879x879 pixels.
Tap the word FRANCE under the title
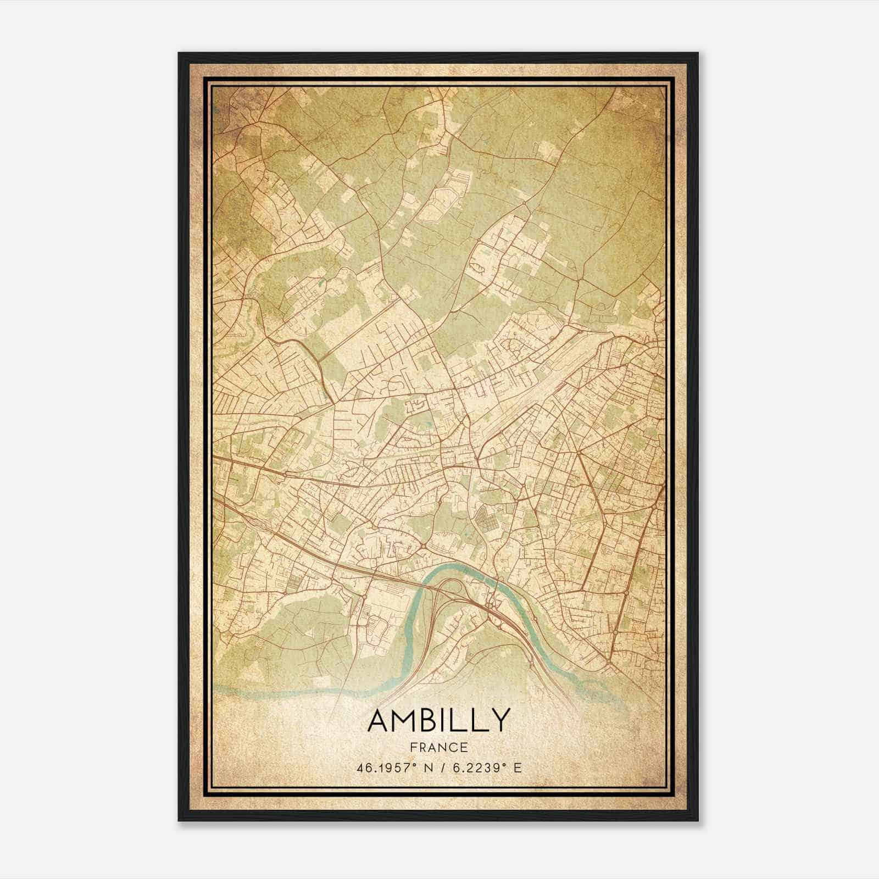[x=438, y=747]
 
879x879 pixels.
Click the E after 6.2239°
[x=517, y=767]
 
